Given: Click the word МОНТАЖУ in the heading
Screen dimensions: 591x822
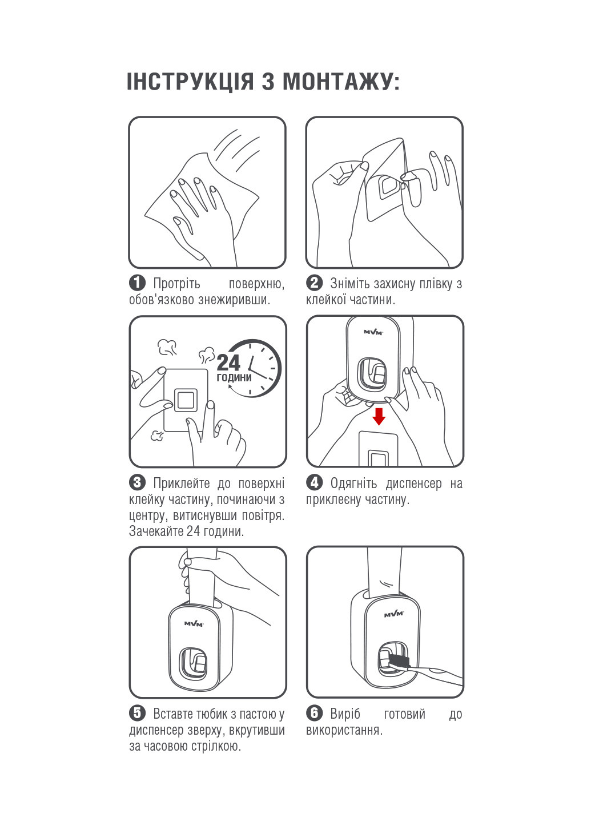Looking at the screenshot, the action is pyautogui.click(x=337, y=81).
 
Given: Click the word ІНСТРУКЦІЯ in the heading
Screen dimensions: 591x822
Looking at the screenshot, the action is pyautogui.click(x=190, y=81).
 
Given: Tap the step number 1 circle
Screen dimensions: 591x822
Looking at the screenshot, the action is pyautogui.click(x=137, y=283).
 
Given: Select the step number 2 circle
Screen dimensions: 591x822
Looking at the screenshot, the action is pyautogui.click(x=315, y=283).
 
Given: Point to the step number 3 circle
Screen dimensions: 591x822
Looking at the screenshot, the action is pyautogui.click(x=137, y=483).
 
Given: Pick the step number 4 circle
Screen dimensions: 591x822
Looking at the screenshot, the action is pyautogui.click(x=315, y=483).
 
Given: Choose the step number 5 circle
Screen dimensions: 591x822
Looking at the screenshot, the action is pyautogui.click(x=137, y=713).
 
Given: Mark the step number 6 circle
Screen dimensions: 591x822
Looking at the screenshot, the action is pyautogui.click(x=315, y=713).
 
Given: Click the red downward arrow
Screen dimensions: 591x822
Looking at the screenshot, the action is pyautogui.click(x=379, y=416).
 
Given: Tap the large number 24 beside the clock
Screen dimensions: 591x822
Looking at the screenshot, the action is pyautogui.click(x=228, y=362).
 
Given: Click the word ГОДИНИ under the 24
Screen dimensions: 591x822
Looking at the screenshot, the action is pyautogui.click(x=234, y=378).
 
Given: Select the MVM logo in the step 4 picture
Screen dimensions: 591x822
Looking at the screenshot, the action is pyautogui.click(x=373, y=332).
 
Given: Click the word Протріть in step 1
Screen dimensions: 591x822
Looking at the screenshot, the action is pyautogui.click(x=176, y=284).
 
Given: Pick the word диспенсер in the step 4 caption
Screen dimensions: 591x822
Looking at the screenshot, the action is pyautogui.click(x=413, y=483).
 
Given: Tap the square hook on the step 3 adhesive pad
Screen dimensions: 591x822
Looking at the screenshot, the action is pyautogui.click(x=186, y=400).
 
